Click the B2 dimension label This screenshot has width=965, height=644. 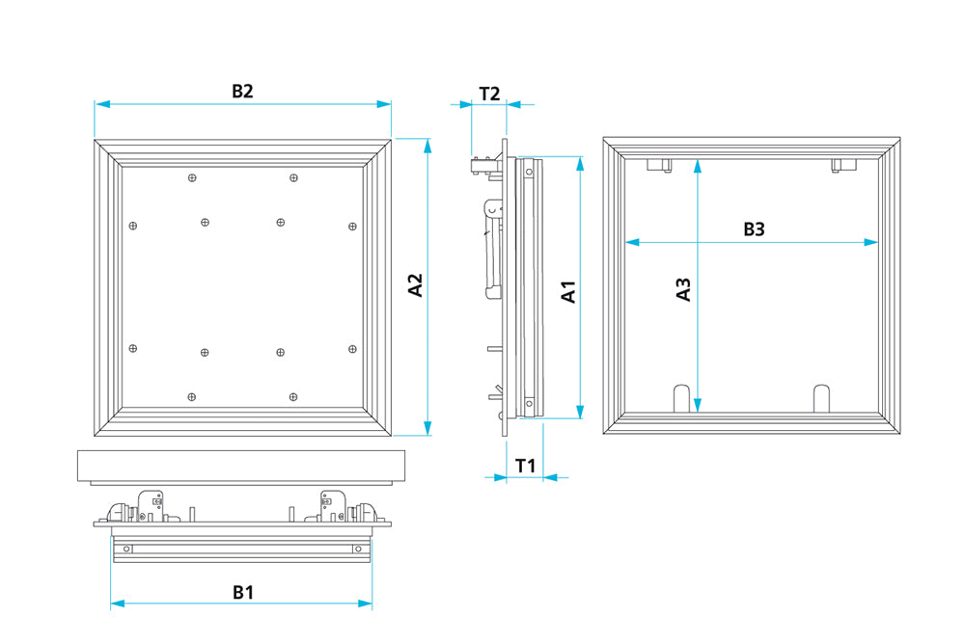pos(242,92)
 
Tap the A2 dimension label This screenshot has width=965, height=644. pos(416,285)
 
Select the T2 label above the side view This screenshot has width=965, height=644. pos(489,94)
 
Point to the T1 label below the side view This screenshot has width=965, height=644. pos(525,466)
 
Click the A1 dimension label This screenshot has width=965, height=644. pos(569,292)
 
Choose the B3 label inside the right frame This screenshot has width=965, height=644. pos(753,229)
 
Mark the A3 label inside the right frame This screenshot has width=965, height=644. pos(683,289)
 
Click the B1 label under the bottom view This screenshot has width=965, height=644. pos(242,592)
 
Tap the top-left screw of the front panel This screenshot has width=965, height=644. pos(192,177)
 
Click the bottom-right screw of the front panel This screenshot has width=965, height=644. pos(293,396)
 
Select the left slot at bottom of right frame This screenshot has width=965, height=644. pos(680,397)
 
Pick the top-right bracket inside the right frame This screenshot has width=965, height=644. pos(843,166)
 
